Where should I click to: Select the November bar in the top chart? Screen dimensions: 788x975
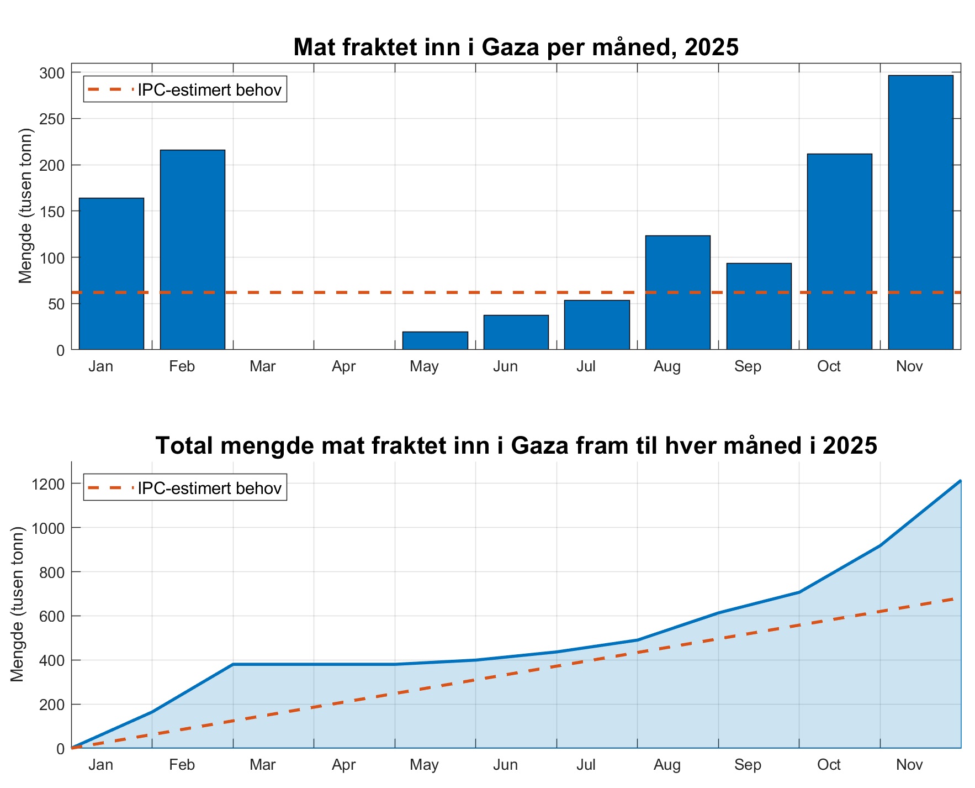pyautogui.click(x=920, y=212)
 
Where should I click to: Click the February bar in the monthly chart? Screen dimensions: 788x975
pyautogui.click(x=192, y=250)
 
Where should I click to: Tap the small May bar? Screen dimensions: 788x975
pyautogui.click(x=435, y=341)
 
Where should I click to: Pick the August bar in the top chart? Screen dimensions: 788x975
pyautogui.click(x=677, y=292)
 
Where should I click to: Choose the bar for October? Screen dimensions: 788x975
pyautogui.click(x=839, y=251)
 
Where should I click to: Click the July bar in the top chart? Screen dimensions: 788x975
pyautogui.click(x=597, y=325)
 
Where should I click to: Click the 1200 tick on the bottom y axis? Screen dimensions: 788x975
pyautogui.click(x=49, y=484)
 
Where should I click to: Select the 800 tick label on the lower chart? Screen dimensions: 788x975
pyautogui.click(x=52, y=572)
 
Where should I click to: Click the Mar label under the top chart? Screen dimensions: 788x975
pyautogui.click(x=262, y=366)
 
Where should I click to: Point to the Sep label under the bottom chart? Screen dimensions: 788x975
pyautogui.click(x=748, y=765)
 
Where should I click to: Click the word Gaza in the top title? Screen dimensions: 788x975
pyautogui.click(x=510, y=48)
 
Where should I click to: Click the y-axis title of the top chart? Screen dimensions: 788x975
pyautogui.click(x=25, y=206)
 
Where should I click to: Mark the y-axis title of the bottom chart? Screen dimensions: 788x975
pyautogui.click(x=17, y=604)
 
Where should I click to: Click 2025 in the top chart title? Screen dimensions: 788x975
pyautogui.click(x=711, y=48)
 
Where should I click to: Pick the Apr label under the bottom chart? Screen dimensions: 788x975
pyautogui.click(x=343, y=765)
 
